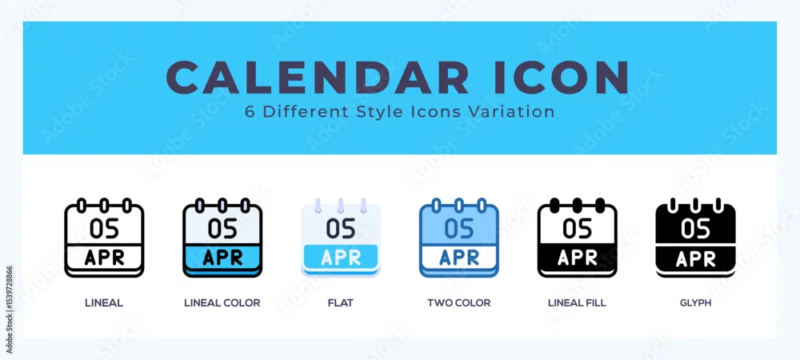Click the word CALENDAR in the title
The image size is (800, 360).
[x=318, y=78]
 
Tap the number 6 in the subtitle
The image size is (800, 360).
[x=250, y=112]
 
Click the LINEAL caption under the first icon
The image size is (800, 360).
[x=104, y=303]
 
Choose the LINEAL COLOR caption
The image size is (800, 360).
[x=222, y=303]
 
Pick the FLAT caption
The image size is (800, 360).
[x=340, y=303]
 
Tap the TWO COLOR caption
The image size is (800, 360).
[x=458, y=303]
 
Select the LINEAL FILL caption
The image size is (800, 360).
[x=577, y=303]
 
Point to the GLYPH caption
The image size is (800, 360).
[x=695, y=303]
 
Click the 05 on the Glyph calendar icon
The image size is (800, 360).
[x=695, y=229]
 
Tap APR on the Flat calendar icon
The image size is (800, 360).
[x=340, y=258]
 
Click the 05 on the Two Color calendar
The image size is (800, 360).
[x=458, y=229]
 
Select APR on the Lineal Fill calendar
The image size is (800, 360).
[x=577, y=258]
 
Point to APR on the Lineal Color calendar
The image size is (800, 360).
[x=222, y=258]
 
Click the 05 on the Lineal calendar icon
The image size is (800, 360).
[x=104, y=229]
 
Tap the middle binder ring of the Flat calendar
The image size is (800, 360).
[x=340, y=205]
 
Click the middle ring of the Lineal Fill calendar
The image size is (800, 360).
[x=577, y=205]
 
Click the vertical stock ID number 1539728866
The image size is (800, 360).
[x=9, y=310]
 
